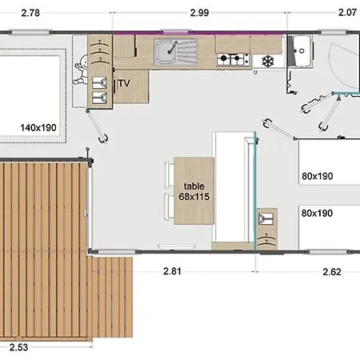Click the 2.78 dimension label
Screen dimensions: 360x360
tap(30, 13)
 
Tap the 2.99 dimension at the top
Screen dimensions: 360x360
tap(199, 13)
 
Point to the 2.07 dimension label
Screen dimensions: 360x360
tap(347, 13)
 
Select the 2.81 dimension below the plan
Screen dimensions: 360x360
tap(172, 271)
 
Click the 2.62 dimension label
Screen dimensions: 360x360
tap(332, 272)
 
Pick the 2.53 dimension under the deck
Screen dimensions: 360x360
tap(18, 347)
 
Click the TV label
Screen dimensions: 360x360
tap(124, 83)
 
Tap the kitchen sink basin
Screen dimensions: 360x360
tap(166, 52)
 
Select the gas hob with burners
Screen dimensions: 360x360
tap(233, 59)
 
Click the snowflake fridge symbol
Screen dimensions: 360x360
tap(268, 62)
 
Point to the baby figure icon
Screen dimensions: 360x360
tap(81, 70)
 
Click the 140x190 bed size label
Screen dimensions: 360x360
tap(38, 128)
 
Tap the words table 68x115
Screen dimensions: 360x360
tap(194, 191)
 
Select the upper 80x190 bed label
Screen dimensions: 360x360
tap(318, 176)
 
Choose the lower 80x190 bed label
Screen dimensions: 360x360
tap(317, 214)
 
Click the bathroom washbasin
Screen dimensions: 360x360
tap(302, 50)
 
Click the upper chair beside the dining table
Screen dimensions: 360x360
tap(170, 174)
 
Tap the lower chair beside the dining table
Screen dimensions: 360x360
tap(169, 207)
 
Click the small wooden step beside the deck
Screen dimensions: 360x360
tap(112, 297)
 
